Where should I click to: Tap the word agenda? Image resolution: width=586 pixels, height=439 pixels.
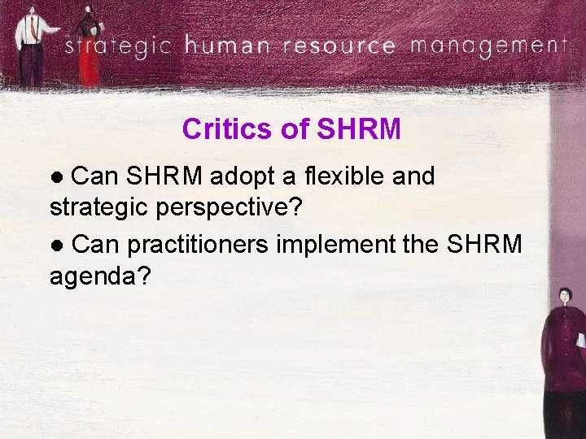pos(98,277)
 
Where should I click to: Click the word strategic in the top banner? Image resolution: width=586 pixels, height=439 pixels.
pos(119,46)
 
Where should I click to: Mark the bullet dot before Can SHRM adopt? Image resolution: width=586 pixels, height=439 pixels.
pos(56,176)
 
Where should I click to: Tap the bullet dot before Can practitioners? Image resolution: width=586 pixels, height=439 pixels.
pos(56,245)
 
